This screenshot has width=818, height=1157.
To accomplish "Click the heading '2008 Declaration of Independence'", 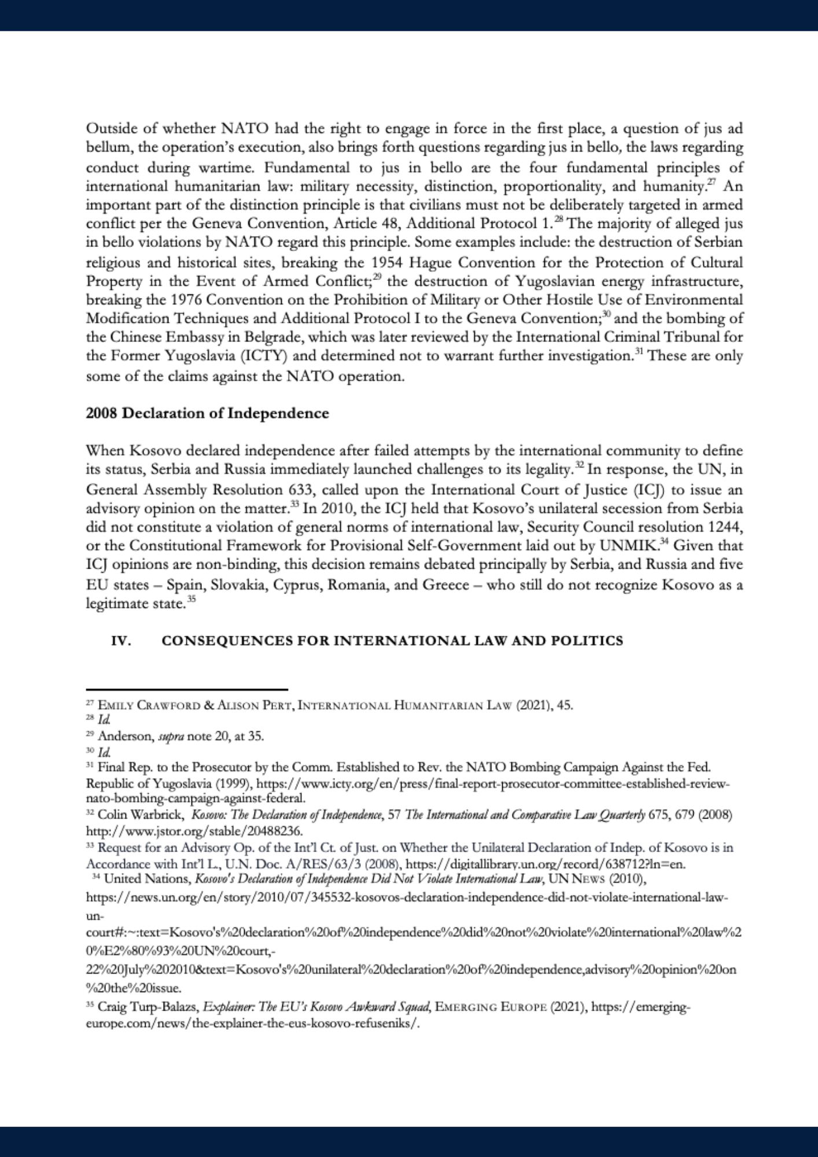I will pos(207,414).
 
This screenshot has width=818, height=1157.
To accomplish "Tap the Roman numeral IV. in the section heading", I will pos(121,641).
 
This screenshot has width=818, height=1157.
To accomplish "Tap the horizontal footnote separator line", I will pos(187,690).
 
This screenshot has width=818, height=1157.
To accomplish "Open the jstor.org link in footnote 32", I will pos(194,831).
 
